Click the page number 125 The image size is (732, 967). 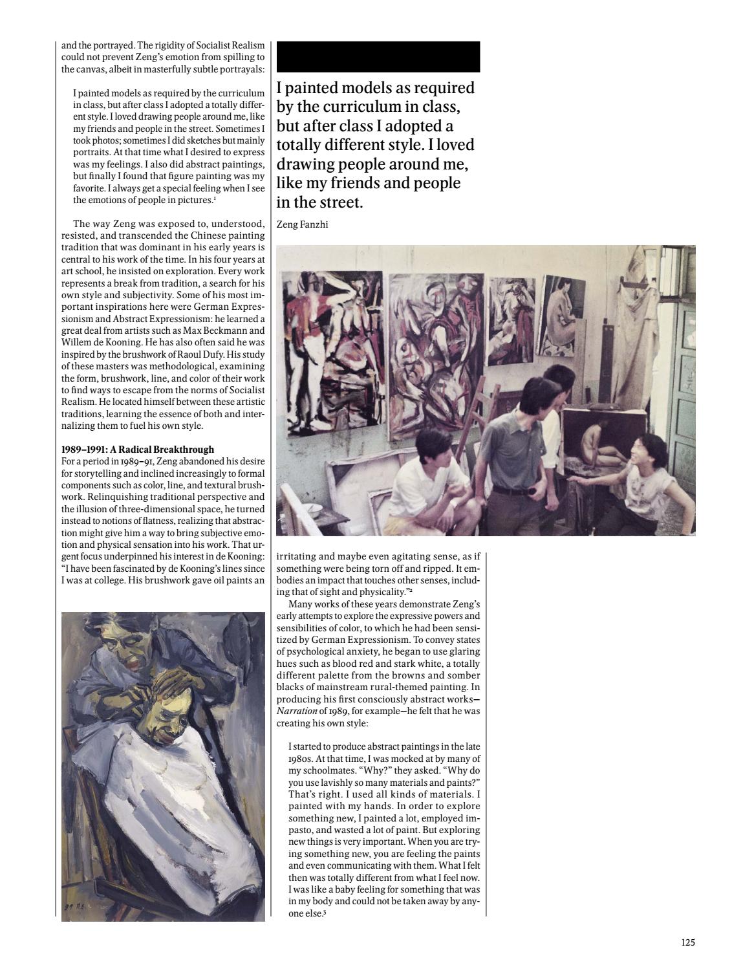687,942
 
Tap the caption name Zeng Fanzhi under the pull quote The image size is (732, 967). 298,225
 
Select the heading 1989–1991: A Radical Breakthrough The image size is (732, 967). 138,449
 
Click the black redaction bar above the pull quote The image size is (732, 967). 378,56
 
